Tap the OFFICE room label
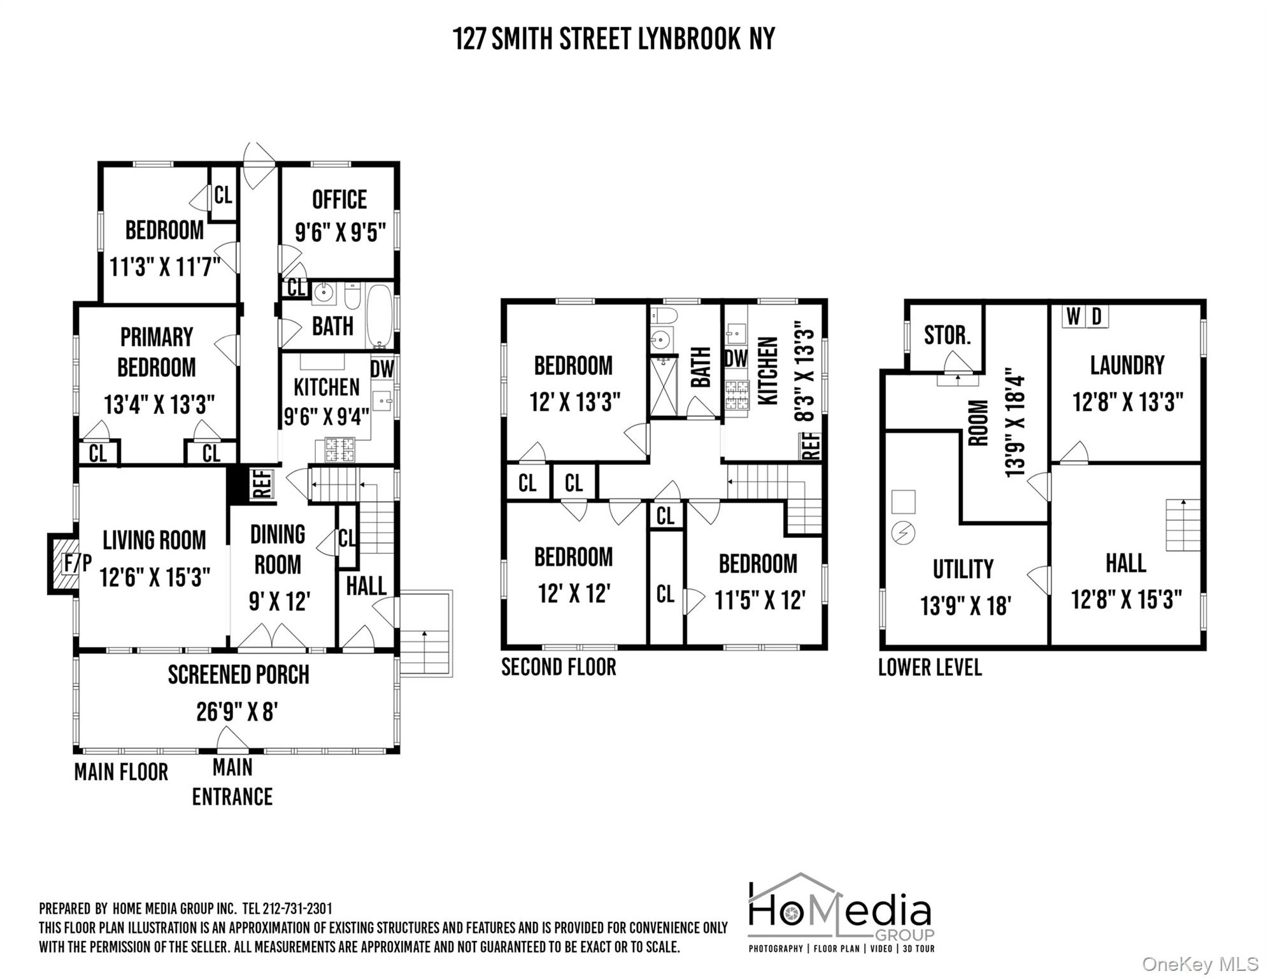339,200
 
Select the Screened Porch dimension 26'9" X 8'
236,712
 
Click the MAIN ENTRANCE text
232,783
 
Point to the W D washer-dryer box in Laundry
1085,316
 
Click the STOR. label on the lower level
946,336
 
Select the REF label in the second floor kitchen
811,446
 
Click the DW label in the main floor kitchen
382,369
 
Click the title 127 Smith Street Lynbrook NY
613,39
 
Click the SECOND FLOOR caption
558,667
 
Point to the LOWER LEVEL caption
930,667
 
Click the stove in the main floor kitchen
339,449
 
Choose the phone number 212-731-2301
297,909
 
